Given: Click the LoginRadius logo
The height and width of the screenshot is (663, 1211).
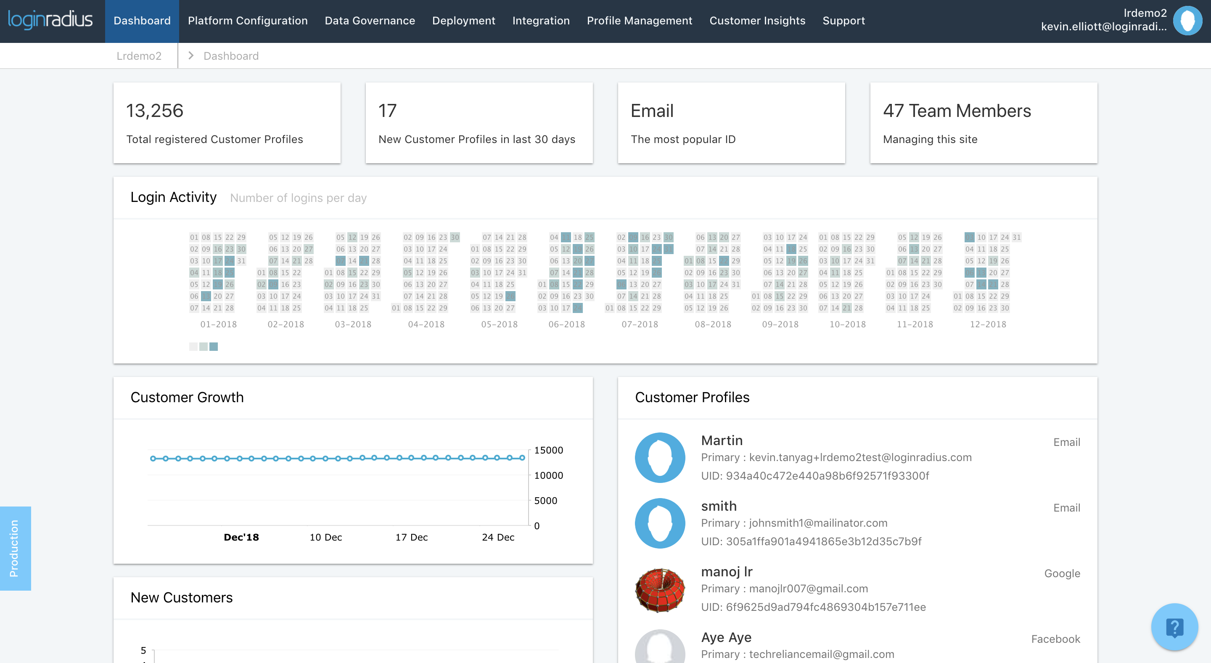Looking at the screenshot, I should click(50, 20).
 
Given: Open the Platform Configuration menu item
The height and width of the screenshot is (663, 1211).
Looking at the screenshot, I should click(248, 21).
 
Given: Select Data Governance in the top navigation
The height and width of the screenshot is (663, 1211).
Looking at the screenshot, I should click(370, 21).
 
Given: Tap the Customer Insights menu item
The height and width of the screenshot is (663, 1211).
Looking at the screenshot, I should click(757, 21).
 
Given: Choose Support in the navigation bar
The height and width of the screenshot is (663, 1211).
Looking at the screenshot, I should click(843, 21).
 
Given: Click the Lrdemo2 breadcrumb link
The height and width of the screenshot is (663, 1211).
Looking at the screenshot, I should click(139, 56).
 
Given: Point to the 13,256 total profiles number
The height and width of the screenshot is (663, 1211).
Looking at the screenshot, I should click(155, 111).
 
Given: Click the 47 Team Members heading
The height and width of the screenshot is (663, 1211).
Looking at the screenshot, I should click(957, 111).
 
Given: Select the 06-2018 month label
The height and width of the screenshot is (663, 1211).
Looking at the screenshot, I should click(566, 324).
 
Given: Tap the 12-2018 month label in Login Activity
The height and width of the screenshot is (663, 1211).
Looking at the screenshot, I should click(988, 324).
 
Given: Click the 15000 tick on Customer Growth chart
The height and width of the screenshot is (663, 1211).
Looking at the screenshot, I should click(548, 451).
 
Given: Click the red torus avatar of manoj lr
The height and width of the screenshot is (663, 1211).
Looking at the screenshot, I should click(660, 590).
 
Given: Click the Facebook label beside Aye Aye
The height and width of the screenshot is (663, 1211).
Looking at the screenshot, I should click(1055, 639).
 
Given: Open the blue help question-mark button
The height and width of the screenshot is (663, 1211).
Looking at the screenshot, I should click(1174, 627).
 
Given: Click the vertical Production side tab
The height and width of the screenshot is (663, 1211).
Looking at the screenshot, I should click(15, 548).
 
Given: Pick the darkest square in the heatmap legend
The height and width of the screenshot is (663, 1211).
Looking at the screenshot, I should click(214, 347).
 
